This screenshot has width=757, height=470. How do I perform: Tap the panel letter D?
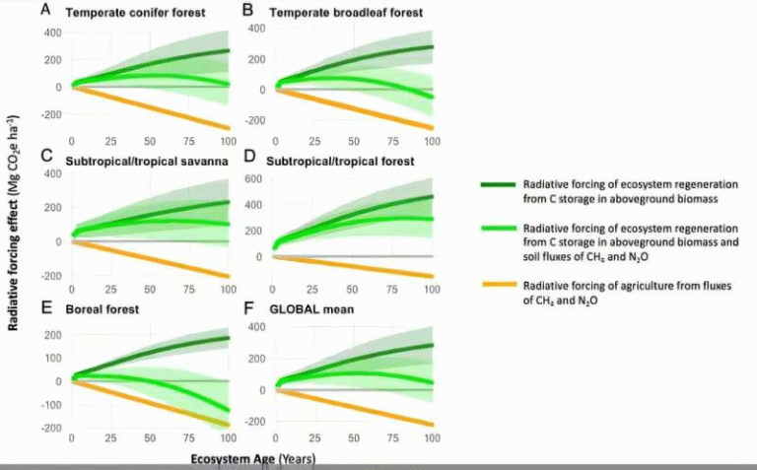pos(249,159)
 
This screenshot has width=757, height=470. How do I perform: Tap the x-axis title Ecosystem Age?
pos(232,459)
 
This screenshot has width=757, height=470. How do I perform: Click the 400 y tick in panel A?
pos(51,34)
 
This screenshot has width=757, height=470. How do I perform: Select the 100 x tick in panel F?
pos(431,438)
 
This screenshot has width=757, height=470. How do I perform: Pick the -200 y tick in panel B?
pos(255,120)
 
